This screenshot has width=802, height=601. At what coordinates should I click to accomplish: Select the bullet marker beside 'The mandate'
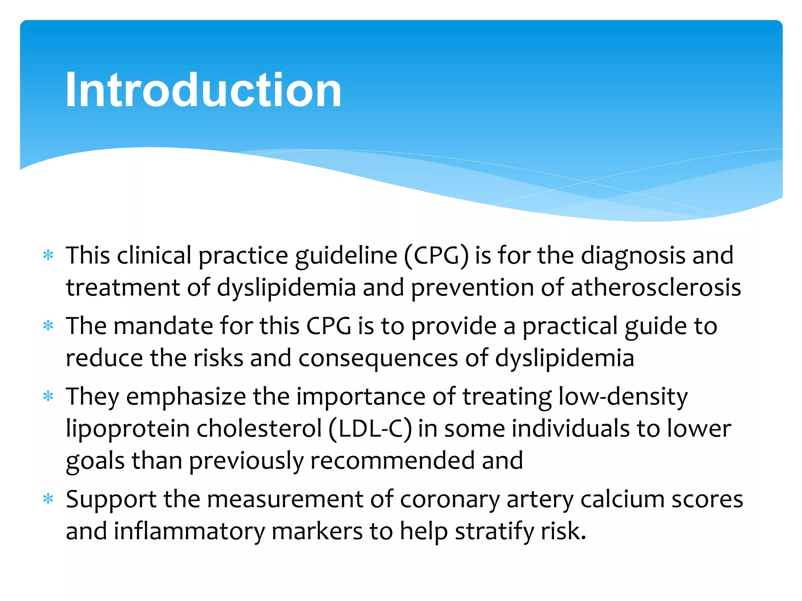coord(48,326)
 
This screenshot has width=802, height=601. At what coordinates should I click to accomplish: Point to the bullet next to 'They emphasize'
coord(48,396)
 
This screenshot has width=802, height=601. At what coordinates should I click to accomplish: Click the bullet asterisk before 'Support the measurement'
coord(48,499)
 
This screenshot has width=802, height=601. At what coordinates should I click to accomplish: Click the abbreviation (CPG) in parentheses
coord(436,256)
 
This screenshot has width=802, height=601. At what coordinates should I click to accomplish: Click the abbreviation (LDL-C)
coord(370,429)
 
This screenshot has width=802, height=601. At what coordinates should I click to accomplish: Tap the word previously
coord(247,461)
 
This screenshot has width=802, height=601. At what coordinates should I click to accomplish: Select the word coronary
coord(450,500)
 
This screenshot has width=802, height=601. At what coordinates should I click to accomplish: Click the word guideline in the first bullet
coord(346,256)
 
